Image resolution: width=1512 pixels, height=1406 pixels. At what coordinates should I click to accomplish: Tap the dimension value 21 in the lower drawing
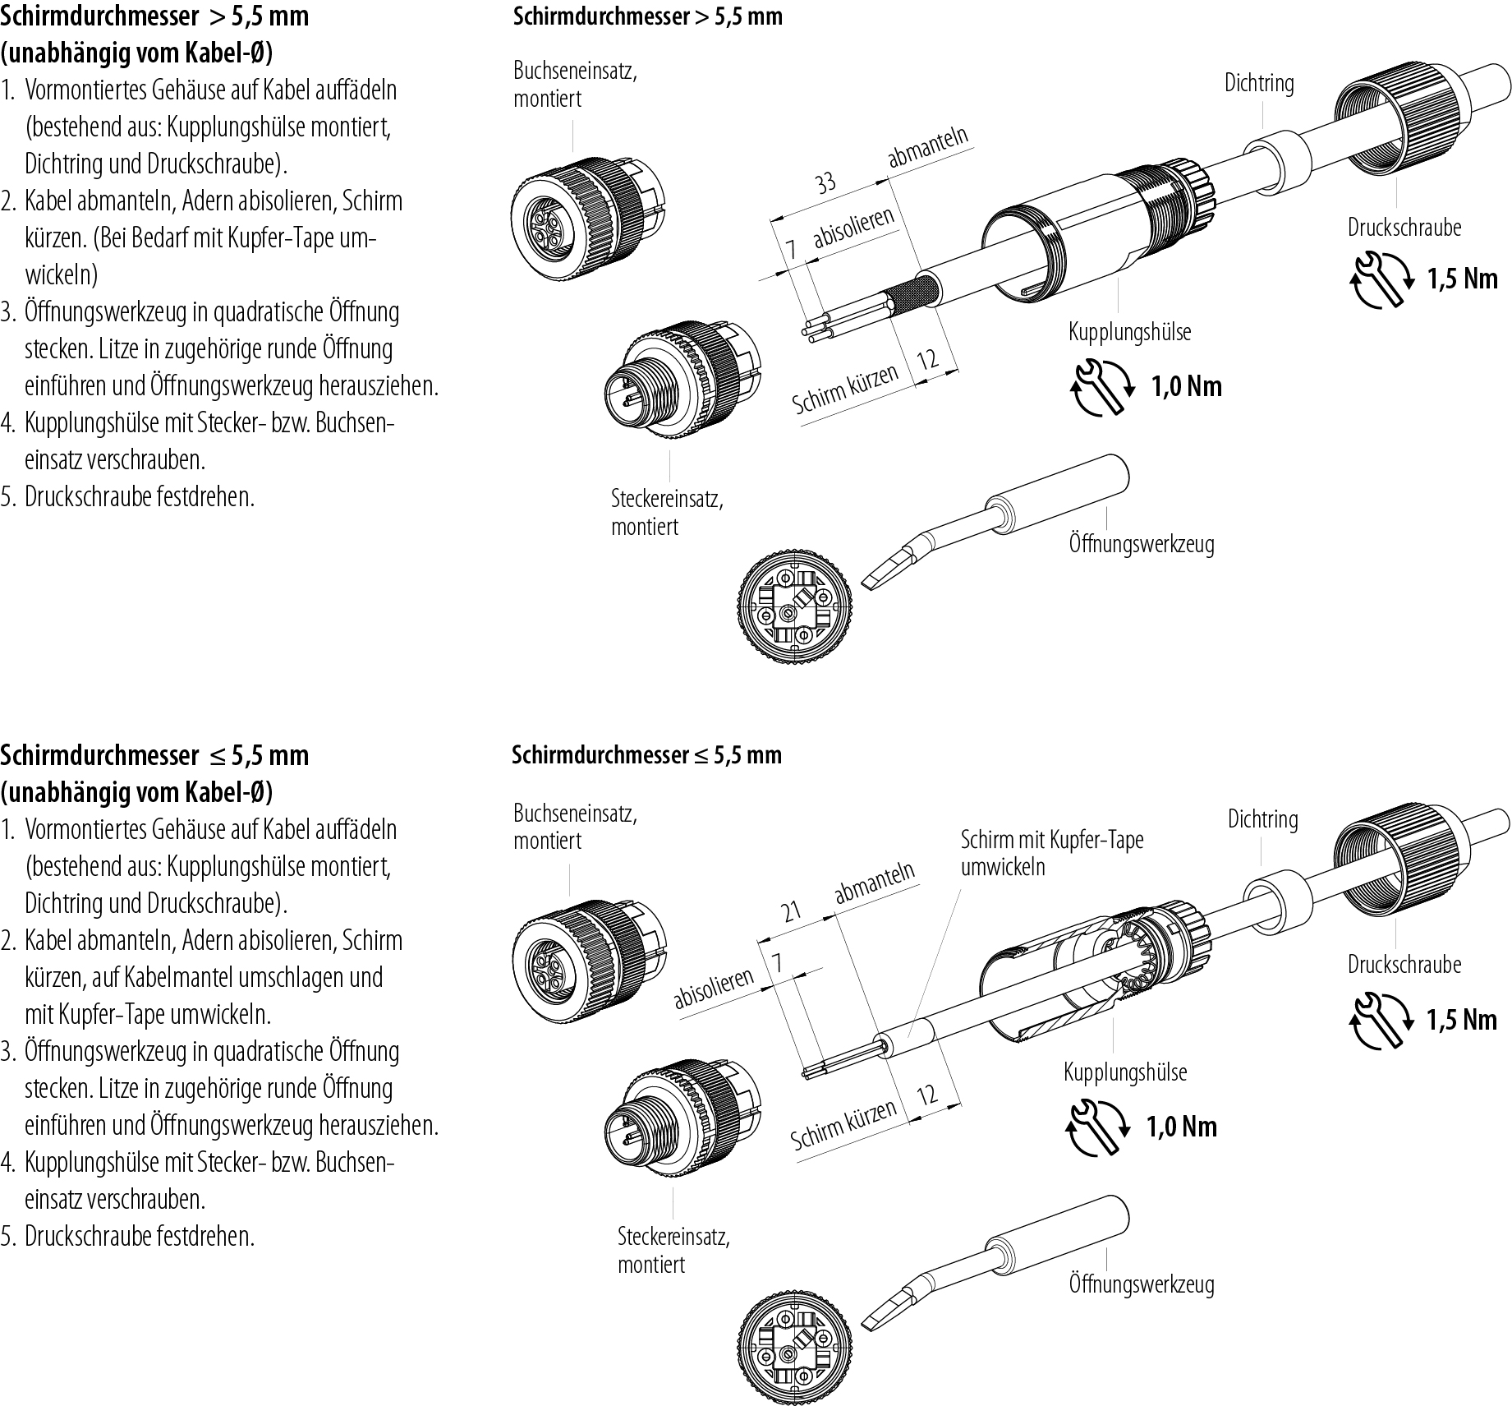coord(791,911)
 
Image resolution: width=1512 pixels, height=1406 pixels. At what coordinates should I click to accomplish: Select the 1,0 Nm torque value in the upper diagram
coord(1187,385)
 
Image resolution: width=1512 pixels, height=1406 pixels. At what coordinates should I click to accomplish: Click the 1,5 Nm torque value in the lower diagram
coord(1462,1020)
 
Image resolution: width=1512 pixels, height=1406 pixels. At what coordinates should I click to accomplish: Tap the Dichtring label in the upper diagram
coord(1259,83)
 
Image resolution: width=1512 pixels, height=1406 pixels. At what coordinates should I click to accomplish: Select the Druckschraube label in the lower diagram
coord(1404,964)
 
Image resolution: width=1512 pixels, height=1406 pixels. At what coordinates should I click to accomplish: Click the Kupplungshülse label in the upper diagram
coord(1129,332)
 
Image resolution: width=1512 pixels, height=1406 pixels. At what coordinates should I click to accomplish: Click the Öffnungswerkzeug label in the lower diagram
coord(1141,1284)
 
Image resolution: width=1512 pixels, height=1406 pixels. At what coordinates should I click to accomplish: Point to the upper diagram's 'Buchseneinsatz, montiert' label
coord(575,84)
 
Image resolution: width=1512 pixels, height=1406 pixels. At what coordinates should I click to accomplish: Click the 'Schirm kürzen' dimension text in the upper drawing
coord(845,390)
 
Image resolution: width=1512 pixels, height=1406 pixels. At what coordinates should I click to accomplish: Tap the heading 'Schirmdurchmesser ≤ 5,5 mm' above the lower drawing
coord(647,754)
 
